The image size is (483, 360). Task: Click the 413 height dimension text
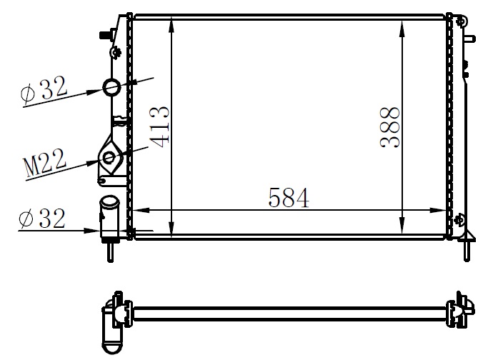[x=160, y=126]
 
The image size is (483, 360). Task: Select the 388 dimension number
[x=389, y=126]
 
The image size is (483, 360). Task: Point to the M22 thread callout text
[x=46, y=164]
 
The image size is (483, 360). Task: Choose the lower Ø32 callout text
[x=43, y=219]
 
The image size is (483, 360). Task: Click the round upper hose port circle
[x=114, y=88]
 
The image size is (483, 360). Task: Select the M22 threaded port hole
[x=109, y=157]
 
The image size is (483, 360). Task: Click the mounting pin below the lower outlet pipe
[x=111, y=251]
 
